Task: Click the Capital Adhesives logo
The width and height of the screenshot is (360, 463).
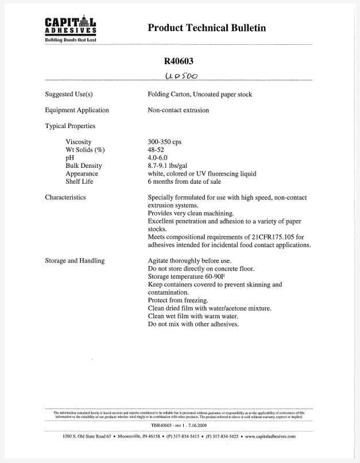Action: pos(71,28)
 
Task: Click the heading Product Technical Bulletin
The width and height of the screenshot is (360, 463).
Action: pos(207,28)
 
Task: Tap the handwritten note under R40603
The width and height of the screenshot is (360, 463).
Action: pos(180,76)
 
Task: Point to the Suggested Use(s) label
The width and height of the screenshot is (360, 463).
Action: pos(69,94)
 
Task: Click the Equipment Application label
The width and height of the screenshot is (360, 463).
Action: pos(77,110)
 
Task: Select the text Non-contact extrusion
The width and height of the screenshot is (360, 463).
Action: pos(179,110)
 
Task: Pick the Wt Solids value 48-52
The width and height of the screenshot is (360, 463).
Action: pos(156,150)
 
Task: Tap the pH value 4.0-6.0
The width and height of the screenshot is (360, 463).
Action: pos(158,158)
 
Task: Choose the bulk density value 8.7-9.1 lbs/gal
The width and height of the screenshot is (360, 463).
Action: pos(172,166)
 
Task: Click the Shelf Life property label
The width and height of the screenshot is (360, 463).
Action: pos(79,182)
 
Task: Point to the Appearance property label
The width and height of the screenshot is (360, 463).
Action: pos(82,173)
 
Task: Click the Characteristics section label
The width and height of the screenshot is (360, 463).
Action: pos(65,198)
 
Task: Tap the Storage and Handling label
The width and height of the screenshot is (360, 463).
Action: pos(75,261)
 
